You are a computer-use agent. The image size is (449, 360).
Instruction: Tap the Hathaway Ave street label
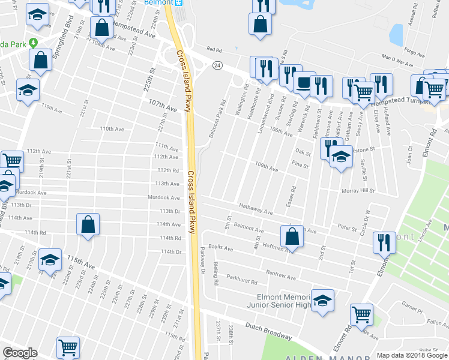pyautogui.click(x=256, y=211)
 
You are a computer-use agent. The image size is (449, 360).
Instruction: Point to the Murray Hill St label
pyautogui.click(x=359, y=191)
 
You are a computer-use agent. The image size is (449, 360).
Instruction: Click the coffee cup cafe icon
pyautogui.click(x=304, y=82)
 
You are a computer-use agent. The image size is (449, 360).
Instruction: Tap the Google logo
pyautogui.click(x=20, y=353)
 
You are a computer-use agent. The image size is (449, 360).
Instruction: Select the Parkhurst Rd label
pyautogui.click(x=243, y=281)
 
